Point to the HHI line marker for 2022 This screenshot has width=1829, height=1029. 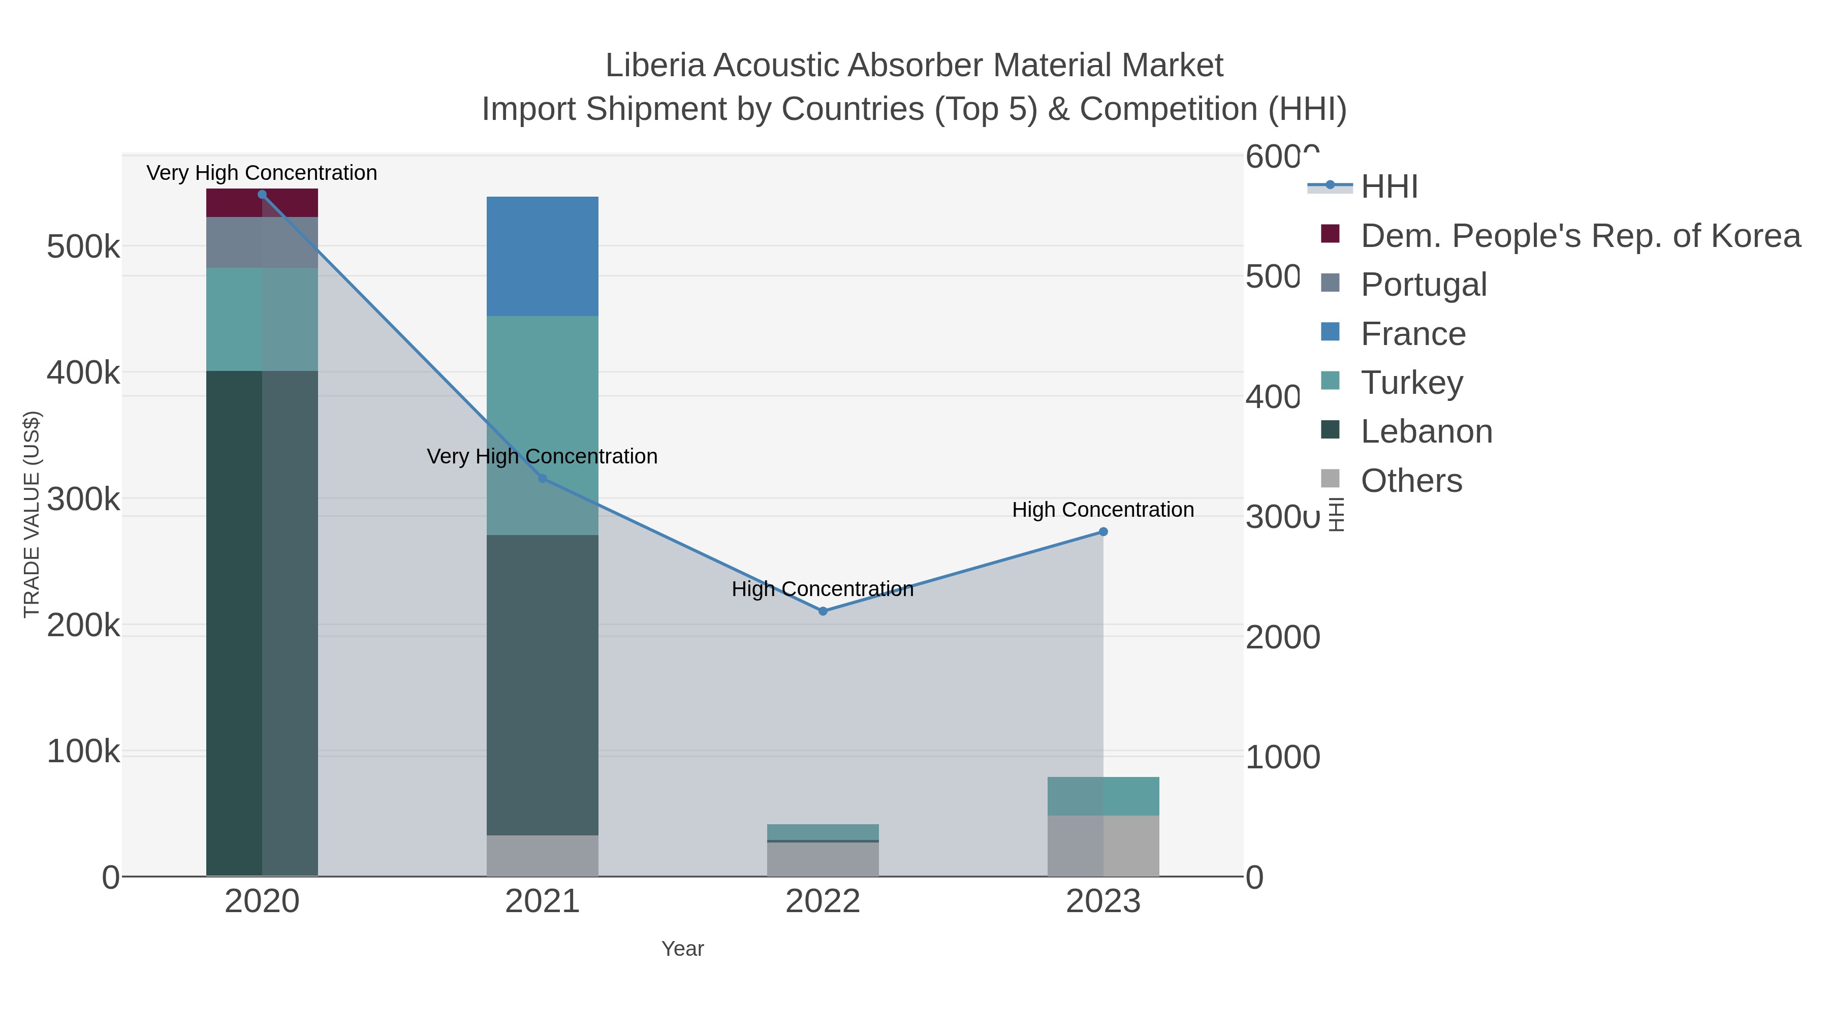coord(823,611)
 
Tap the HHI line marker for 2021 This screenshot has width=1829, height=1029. coord(543,479)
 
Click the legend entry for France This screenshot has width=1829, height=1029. coord(1412,334)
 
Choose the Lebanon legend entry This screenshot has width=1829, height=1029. coord(1426,432)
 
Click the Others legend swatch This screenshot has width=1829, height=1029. coord(1330,479)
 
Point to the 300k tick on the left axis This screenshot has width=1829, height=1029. coord(83,500)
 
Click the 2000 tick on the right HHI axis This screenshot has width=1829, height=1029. coord(1282,638)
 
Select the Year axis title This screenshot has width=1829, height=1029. coord(682,949)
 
